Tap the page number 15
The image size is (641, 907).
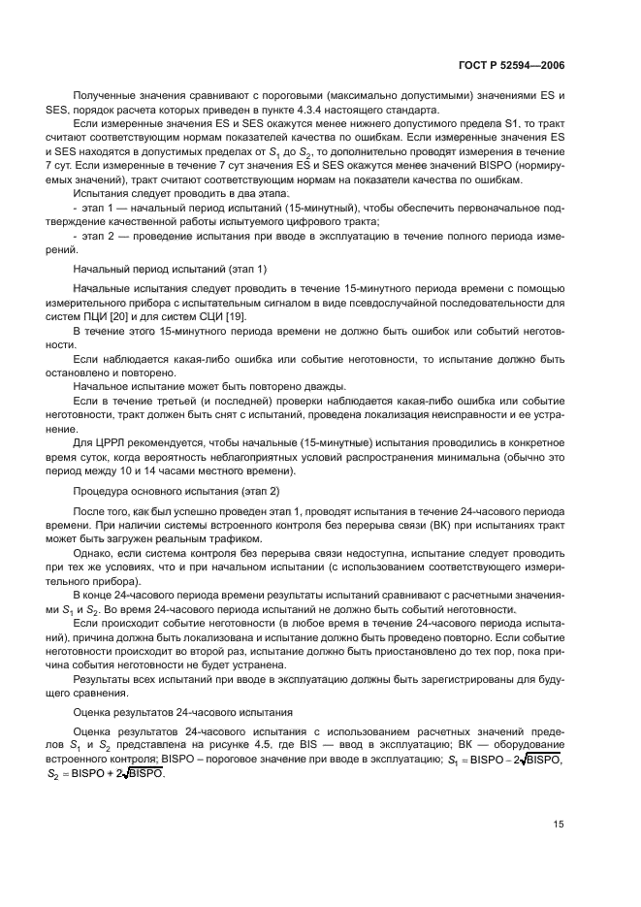pos(559,824)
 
